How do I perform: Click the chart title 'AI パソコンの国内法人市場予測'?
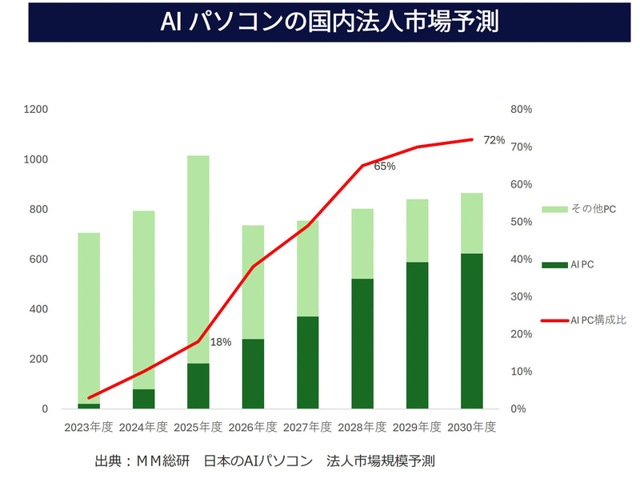tap(319, 22)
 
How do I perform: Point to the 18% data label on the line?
tap(220, 342)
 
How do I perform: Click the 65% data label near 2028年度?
tap(385, 167)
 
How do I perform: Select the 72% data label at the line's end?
tap(494, 140)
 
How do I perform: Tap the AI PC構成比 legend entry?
tap(597, 320)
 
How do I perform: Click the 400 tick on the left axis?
tap(38, 309)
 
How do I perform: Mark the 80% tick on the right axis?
tap(522, 110)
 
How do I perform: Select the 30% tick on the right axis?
tap(522, 296)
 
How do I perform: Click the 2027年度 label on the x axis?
tap(307, 427)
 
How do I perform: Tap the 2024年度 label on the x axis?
tap(143, 427)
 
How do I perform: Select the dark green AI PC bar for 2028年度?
tap(362, 344)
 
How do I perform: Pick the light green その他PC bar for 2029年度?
tap(417, 231)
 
